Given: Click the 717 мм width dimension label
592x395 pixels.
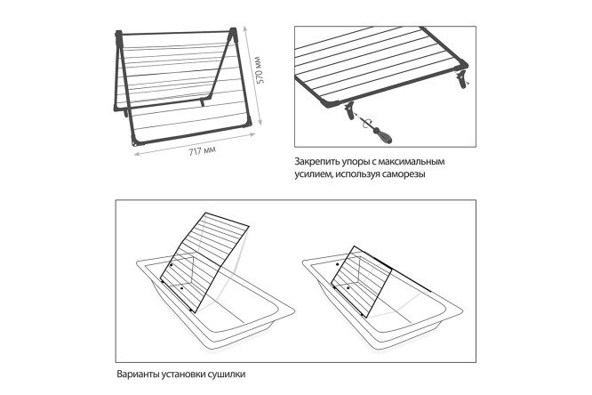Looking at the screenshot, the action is click(203, 151).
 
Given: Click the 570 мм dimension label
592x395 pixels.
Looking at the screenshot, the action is click(260, 70).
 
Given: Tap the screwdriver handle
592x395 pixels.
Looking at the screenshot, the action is click(384, 136).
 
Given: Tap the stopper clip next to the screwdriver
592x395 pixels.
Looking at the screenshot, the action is click(349, 110).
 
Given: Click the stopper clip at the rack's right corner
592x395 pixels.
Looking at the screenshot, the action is click(462, 78).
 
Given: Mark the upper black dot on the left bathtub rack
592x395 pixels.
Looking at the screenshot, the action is click(171, 265).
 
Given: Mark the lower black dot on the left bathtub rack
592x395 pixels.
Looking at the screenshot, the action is click(181, 288).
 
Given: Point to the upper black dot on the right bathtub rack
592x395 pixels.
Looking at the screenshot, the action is click(337, 264).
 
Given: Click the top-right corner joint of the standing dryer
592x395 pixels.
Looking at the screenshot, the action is click(233, 33).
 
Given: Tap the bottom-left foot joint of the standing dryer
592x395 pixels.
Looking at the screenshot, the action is click(135, 141).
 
